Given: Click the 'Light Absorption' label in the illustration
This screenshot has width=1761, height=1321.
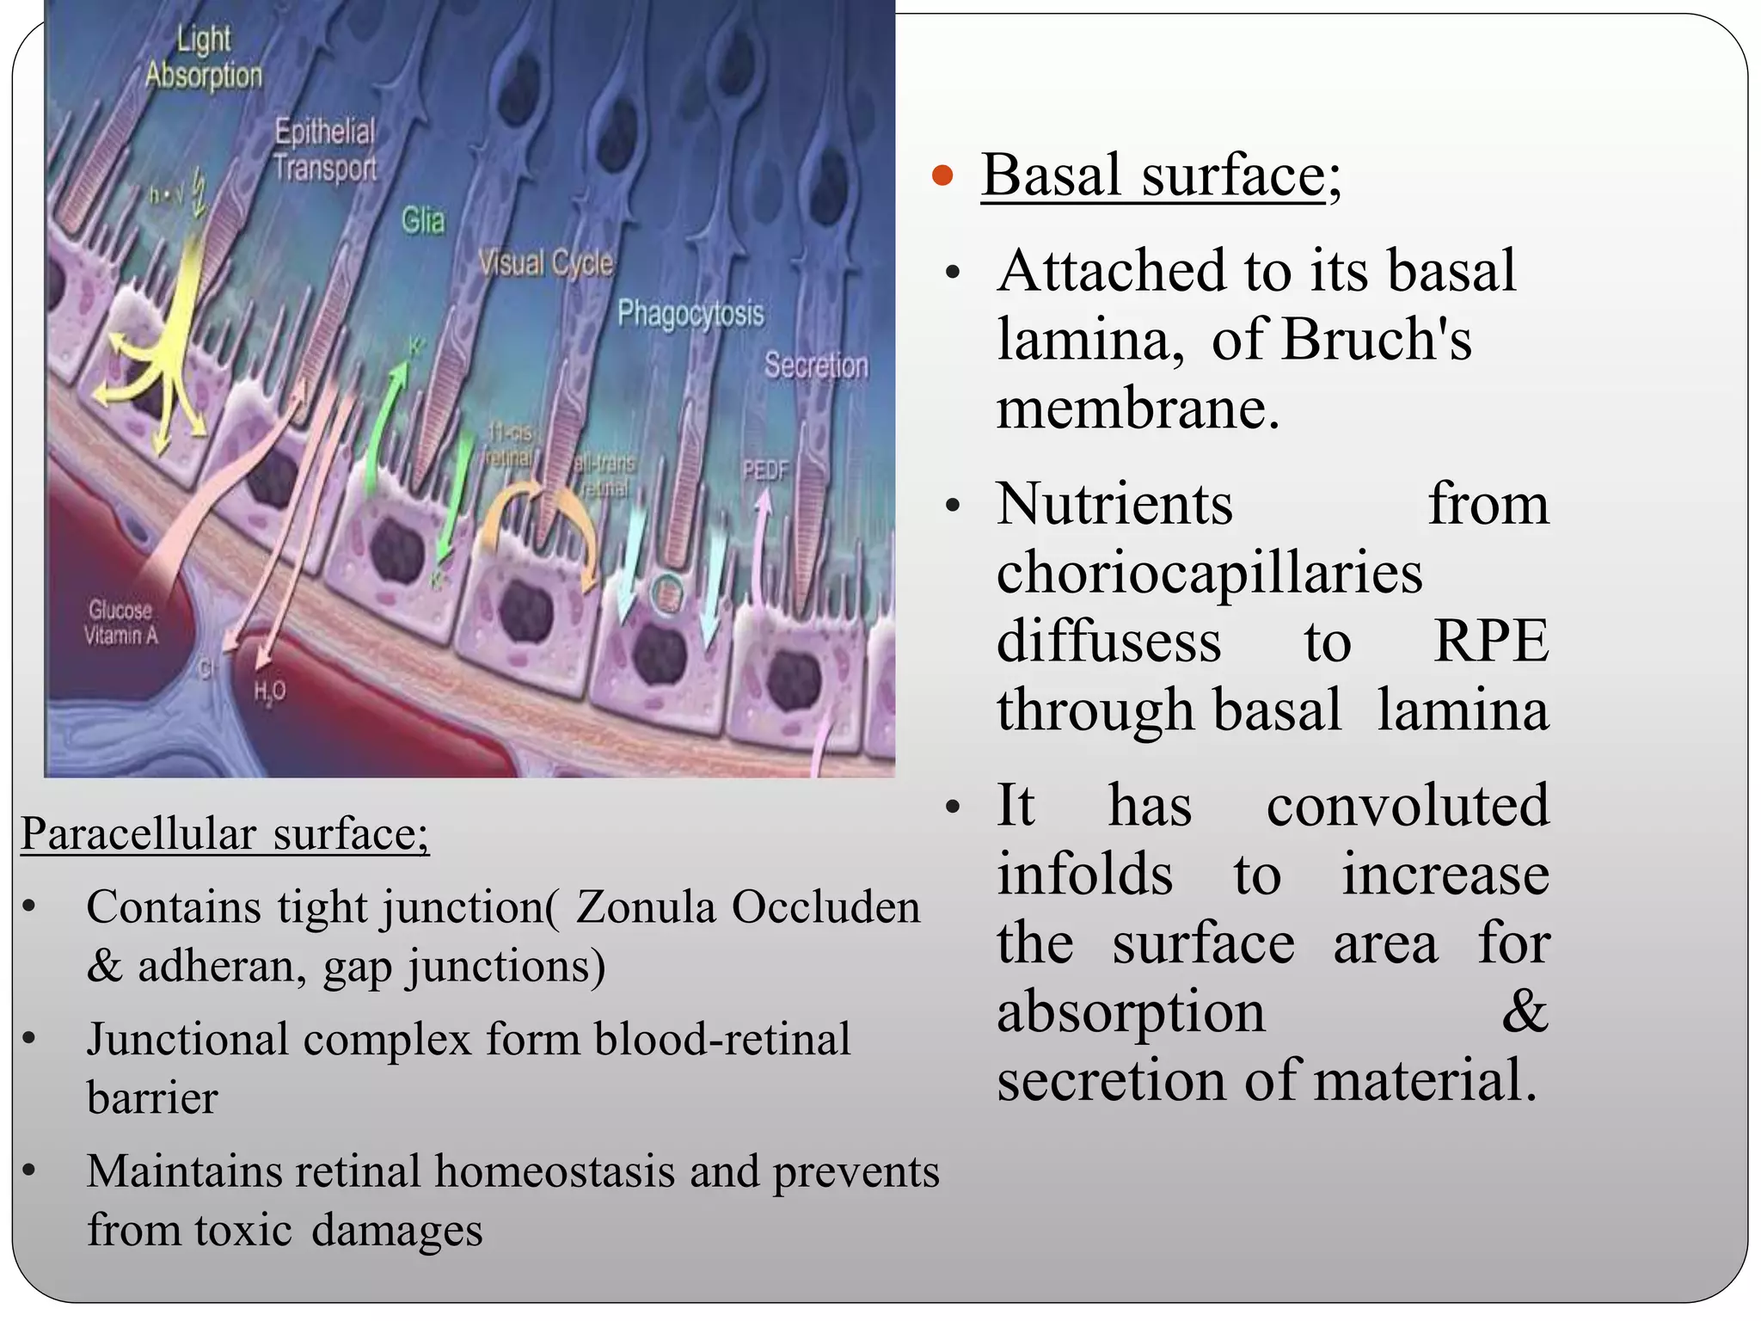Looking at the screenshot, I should click(204, 58).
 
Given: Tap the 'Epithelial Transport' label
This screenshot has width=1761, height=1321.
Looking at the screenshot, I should click(325, 150).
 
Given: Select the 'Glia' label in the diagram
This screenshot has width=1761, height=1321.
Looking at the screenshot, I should click(423, 221).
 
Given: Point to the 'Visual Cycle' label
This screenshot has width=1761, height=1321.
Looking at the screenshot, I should click(546, 262).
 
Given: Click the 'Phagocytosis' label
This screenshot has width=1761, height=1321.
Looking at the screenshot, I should click(690, 313).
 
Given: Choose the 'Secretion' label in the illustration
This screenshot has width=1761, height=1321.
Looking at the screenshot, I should click(816, 366).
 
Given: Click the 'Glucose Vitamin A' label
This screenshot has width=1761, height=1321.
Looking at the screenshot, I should click(120, 623).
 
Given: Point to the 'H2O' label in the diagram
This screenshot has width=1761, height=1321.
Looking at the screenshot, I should click(269, 691).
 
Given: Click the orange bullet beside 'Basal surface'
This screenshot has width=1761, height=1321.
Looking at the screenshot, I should click(943, 176).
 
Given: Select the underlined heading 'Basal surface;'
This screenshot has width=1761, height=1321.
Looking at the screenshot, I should click(1160, 175).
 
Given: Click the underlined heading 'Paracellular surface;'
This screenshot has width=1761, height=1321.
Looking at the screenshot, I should click(224, 833).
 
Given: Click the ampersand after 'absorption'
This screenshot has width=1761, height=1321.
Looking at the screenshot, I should click(1525, 1011).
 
